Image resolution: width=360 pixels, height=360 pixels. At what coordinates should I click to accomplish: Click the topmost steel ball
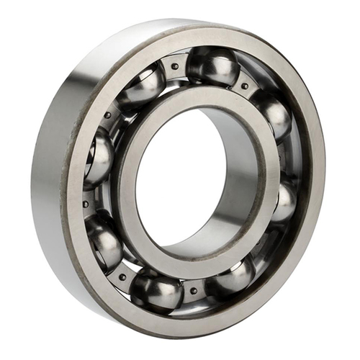[213, 66]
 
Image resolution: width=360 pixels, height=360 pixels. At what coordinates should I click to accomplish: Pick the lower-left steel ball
[104, 241]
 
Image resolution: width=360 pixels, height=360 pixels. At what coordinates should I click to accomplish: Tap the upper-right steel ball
[272, 114]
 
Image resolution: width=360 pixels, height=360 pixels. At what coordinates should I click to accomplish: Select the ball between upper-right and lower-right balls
[284, 202]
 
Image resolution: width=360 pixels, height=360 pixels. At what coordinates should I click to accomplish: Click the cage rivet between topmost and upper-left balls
[175, 66]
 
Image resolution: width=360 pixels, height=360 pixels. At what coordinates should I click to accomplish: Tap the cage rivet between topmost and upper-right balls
[246, 86]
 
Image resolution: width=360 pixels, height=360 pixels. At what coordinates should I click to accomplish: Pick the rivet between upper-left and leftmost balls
[108, 115]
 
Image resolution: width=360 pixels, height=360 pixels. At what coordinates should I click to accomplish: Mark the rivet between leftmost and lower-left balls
[86, 204]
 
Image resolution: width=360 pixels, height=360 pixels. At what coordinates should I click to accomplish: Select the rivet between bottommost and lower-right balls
[193, 291]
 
